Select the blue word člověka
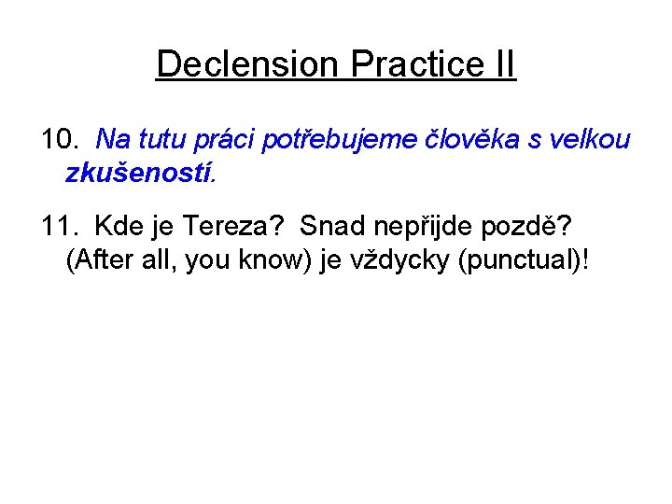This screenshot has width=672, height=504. tap(471, 141)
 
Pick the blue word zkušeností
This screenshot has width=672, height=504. tap(138, 173)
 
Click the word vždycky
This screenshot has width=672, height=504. tap(399, 259)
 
